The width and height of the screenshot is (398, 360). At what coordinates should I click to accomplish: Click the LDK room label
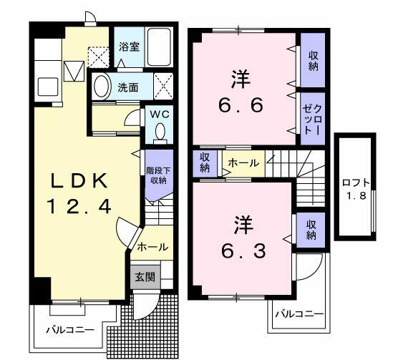79,178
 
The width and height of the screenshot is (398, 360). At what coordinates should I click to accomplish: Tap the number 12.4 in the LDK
79,207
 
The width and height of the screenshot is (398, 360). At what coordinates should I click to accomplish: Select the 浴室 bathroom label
130,45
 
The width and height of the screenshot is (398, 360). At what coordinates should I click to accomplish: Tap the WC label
159,114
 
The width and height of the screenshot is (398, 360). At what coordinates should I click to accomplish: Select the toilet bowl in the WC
159,132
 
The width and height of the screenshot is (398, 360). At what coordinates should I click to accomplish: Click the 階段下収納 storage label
158,175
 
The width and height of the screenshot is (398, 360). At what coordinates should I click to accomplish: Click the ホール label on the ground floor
152,247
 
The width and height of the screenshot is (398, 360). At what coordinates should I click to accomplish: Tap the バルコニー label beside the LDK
70,330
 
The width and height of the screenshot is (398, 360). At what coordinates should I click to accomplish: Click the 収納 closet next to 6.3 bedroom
313,229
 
